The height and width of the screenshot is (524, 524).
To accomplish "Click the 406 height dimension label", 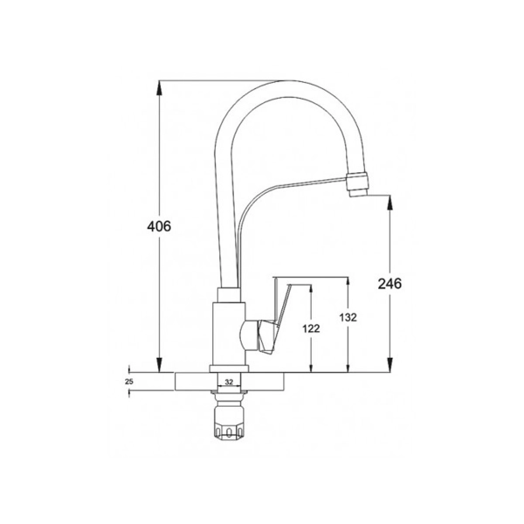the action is point(159,226).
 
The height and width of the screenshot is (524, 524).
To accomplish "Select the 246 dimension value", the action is point(390,284).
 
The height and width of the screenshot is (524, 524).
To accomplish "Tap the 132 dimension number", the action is point(348,318).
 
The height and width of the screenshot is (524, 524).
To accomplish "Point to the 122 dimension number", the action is point(311,329).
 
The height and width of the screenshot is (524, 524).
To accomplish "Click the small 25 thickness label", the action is point(129,382).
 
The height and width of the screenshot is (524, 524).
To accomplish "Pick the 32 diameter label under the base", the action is point(229,382).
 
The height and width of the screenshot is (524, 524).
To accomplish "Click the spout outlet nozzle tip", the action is point(359,184).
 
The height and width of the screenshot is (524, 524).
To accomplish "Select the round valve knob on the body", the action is point(248,334).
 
